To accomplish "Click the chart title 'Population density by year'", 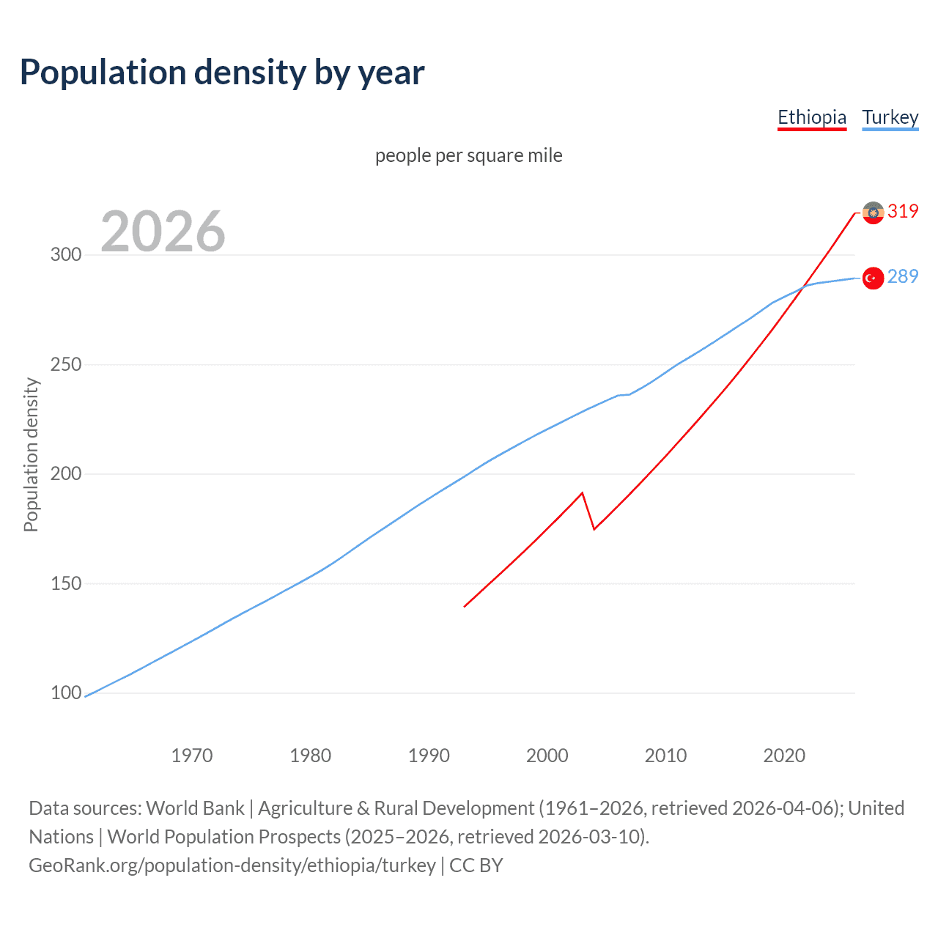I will coord(222,73).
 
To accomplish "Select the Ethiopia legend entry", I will coord(811,117).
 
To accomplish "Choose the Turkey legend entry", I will coord(890,117).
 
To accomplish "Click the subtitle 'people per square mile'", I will coord(468,155).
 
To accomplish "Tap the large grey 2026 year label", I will coord(163,232).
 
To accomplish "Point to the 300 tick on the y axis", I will coord(66,255).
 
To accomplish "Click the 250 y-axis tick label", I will coord(66,364).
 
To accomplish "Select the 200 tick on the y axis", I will coord(66,474).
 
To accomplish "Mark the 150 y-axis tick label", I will coord(66,583).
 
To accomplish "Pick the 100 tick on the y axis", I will coord(66,693).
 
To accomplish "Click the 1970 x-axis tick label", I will coord(192,756).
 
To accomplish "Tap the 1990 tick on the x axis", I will coord(429,756).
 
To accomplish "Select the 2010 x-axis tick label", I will coord(665,756).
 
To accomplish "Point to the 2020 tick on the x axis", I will coord(784,756).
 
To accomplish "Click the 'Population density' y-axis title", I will coord(31,454).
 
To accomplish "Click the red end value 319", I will coord(903,212).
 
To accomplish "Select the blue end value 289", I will coord(903,277).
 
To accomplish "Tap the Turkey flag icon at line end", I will coord(873,278).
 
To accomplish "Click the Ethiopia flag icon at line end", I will coord(873,213).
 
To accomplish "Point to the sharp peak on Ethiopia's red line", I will coord(582,492).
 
